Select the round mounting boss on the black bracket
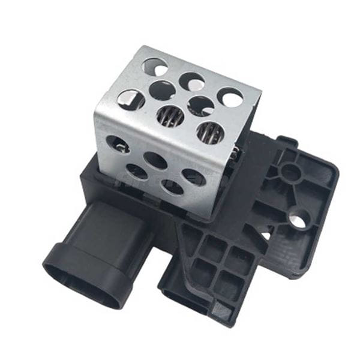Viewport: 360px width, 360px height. [x=292, y=172]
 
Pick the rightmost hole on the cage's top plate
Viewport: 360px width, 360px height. [x=230, y=98]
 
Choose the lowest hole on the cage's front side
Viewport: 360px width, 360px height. [x=170, y=187]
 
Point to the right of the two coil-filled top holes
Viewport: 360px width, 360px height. [x=209, y=132]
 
